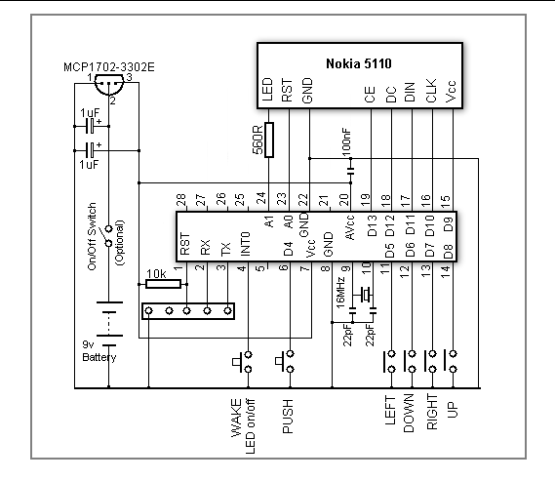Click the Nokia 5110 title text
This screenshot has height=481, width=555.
359,63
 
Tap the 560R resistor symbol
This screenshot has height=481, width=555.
269,140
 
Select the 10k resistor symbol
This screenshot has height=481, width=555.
164,284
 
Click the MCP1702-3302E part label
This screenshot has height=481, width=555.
109,67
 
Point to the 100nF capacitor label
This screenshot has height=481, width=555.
346,142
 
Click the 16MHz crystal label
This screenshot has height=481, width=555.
339,293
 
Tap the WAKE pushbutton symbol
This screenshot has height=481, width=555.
243,362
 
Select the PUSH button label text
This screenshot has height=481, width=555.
288,417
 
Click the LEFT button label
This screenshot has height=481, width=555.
390,410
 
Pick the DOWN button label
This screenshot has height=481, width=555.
409,413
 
